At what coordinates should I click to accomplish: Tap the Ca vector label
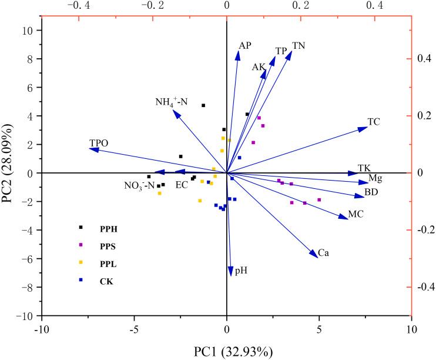(x=323, y=253)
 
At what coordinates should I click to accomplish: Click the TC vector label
(x=374, y=122)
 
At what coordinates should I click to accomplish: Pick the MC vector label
(x=356, y=215)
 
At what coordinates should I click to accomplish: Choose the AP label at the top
(x=245, y=46)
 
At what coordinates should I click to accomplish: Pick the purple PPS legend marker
(x=81, y=245)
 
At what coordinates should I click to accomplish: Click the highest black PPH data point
(x=203, y=105)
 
